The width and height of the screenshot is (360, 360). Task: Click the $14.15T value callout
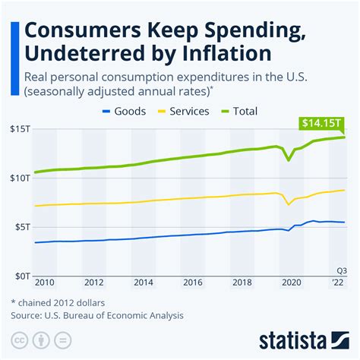[x=320, y=122]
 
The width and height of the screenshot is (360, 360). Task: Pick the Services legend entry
[x=190, y=111]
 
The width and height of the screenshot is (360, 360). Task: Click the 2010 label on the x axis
[x=45, y=282]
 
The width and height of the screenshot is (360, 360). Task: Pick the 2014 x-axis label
[x=144, y=282]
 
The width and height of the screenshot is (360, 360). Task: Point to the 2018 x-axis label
[x=242, y=282]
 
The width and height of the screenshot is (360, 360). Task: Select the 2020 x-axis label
[x=291, y=282]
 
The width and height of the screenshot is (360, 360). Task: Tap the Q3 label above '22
[x=341, y=271]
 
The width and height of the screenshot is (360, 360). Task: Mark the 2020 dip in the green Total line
[x=288, y=159]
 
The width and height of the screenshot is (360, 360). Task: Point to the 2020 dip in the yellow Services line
[x=288, y=204]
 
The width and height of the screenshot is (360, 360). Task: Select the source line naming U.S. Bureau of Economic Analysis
[x=97, y=314]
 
